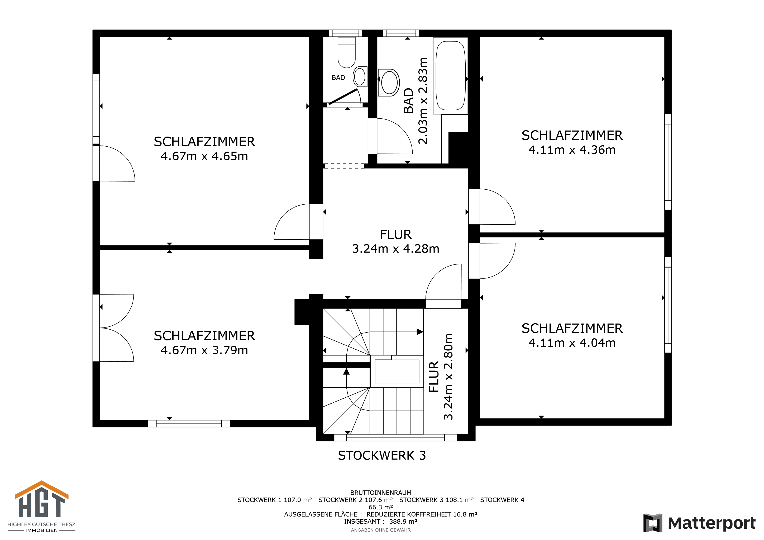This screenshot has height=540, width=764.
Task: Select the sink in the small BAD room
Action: [x=360, y=76]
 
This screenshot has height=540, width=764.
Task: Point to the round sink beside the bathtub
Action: [x=389, y=83]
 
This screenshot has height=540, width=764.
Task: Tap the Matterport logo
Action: [x=699, y=523]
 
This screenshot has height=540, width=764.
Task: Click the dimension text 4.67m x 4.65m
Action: [x=204, y=156]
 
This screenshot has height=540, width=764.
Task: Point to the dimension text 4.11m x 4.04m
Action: [x=572, y=343]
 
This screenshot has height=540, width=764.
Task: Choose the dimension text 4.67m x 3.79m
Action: [x=204, y=350]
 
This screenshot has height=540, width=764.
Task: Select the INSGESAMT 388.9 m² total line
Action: [x=381, y=521]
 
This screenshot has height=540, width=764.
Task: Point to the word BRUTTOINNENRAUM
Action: [x=381, y=493]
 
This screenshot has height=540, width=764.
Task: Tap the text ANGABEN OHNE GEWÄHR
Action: [x=381, y=530]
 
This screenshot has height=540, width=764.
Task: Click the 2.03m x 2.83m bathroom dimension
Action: [x=423, y=101]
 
